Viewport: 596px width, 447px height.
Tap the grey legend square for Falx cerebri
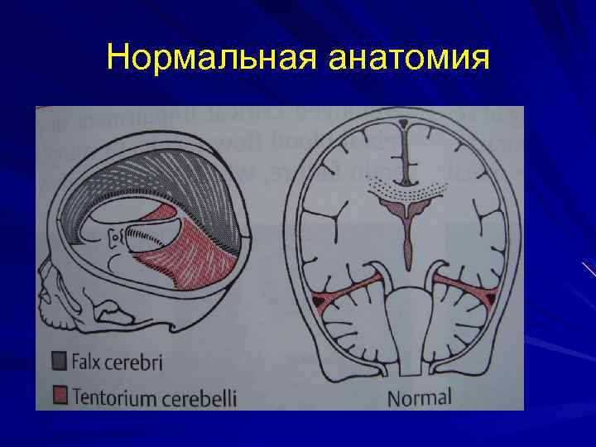click(57, 361)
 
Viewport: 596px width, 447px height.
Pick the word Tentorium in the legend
click(113, 397)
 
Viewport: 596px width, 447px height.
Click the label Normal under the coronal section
click(420, 397)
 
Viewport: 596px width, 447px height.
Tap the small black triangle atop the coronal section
click(403, 123)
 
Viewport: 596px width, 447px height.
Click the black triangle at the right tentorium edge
click(490, 297)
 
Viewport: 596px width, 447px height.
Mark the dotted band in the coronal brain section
click(403, 192)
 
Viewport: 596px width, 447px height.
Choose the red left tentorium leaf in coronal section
click(348, 291)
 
